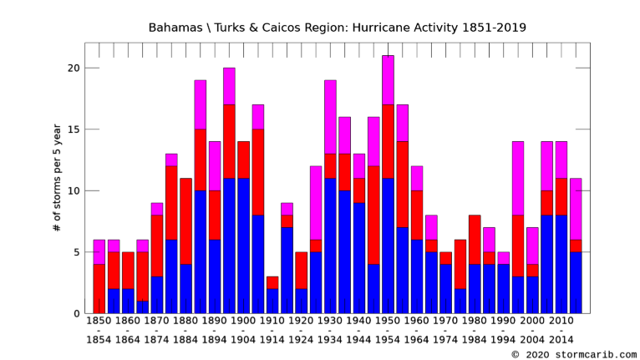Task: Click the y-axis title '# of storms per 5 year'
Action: [57, 177]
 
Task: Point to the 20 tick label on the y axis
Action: [73, 68]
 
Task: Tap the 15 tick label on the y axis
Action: [73, 129]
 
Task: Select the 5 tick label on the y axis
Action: [75, 252]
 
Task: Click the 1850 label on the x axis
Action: [99, 320]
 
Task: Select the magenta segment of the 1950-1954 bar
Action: [388, 79]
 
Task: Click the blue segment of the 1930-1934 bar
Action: [330, 246]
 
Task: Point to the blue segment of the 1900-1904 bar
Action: [243, 246]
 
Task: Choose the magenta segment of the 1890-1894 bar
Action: [214, 165]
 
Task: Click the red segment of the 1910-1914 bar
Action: [272, 282]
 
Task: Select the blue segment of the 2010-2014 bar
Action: [561, 264]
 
